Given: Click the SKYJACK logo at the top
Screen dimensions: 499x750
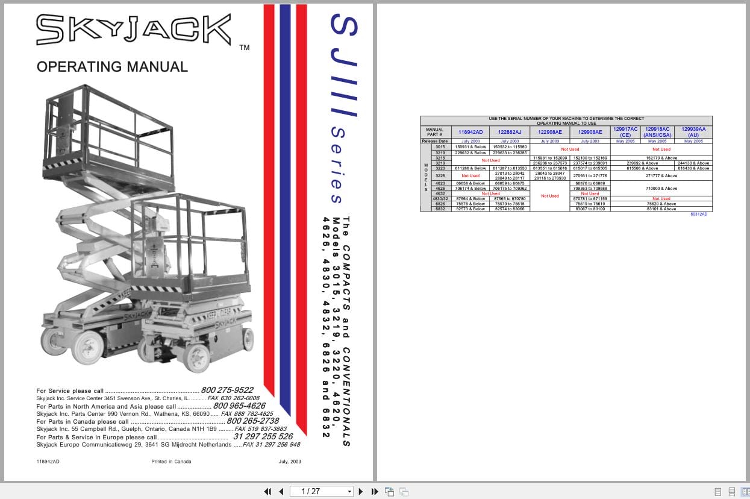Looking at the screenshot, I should click(x=133, y=30).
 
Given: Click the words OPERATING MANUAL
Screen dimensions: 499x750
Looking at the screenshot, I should click(x=112, y=66).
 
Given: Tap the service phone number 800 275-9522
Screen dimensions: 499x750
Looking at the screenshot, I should click(x=227, y=390).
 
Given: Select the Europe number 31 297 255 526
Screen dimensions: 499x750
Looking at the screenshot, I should click(x=263, y=436).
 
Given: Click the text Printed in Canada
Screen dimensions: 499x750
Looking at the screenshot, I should click(x=171, y=462).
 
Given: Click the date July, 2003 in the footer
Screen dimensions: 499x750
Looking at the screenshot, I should click(x=290, y=462).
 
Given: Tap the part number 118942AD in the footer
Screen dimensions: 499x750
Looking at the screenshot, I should click(x=48, y=462).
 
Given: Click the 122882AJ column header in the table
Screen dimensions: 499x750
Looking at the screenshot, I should click(x=510, y=132).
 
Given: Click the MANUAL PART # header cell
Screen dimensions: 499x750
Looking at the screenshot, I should click(x=434, y=132).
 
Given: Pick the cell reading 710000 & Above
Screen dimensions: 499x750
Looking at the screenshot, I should click(x=661, y=189).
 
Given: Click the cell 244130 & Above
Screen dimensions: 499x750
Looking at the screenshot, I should click(x=693, y=163).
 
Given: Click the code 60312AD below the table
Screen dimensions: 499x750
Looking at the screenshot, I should click(x=698, y=215).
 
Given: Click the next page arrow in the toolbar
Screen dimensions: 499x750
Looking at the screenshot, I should click(x=361, y=491).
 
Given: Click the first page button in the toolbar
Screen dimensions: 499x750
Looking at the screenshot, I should click(x=267, y=491).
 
